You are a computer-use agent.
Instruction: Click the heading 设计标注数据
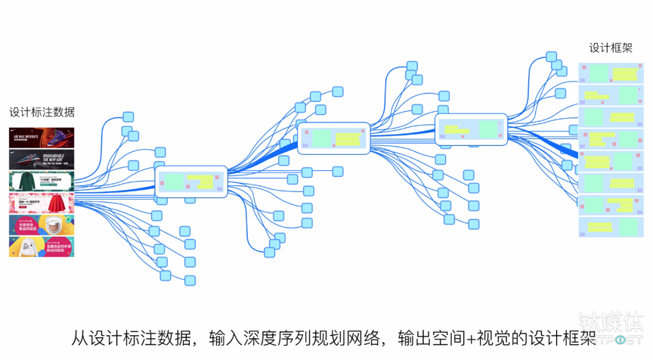[x=42, y=112]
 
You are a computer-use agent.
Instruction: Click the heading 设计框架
[x=611, y=48]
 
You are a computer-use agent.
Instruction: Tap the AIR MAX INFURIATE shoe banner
[x=42, y=138]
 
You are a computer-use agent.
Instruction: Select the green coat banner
[x=42, y=182]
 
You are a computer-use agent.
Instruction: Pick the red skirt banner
[x=42, y=204]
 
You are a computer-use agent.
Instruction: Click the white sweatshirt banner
[x=42, y=247]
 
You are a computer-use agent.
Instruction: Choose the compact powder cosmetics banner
[x=42, y=225]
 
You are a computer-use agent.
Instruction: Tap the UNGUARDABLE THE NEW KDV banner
[x=42, y=160]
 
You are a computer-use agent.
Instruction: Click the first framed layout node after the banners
[x=191, y=182]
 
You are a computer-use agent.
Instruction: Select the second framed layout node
[x=333, y=138]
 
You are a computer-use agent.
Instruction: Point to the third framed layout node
[x=472, y=129]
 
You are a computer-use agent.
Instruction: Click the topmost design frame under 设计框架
[x=611, y=73]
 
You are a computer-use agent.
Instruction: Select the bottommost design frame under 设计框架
[x=611, y=227]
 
